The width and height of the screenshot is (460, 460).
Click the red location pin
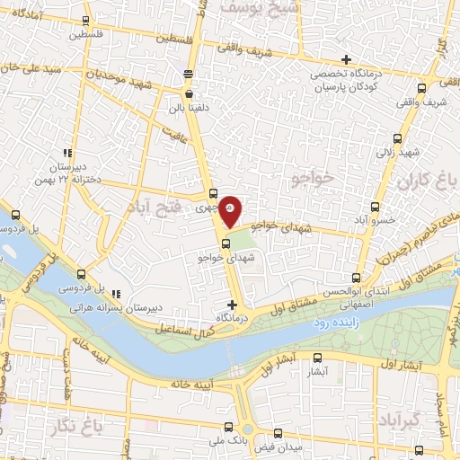click(x=231, y=209)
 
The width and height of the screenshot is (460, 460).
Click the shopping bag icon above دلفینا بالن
click(x=189, y=92)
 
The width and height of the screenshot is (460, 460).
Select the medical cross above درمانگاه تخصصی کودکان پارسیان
click(x=346, y=59)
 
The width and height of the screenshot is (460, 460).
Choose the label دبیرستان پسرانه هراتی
click(x=149, y=306)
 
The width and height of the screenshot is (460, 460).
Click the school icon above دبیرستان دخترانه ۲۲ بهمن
click(x=66, y=153)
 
